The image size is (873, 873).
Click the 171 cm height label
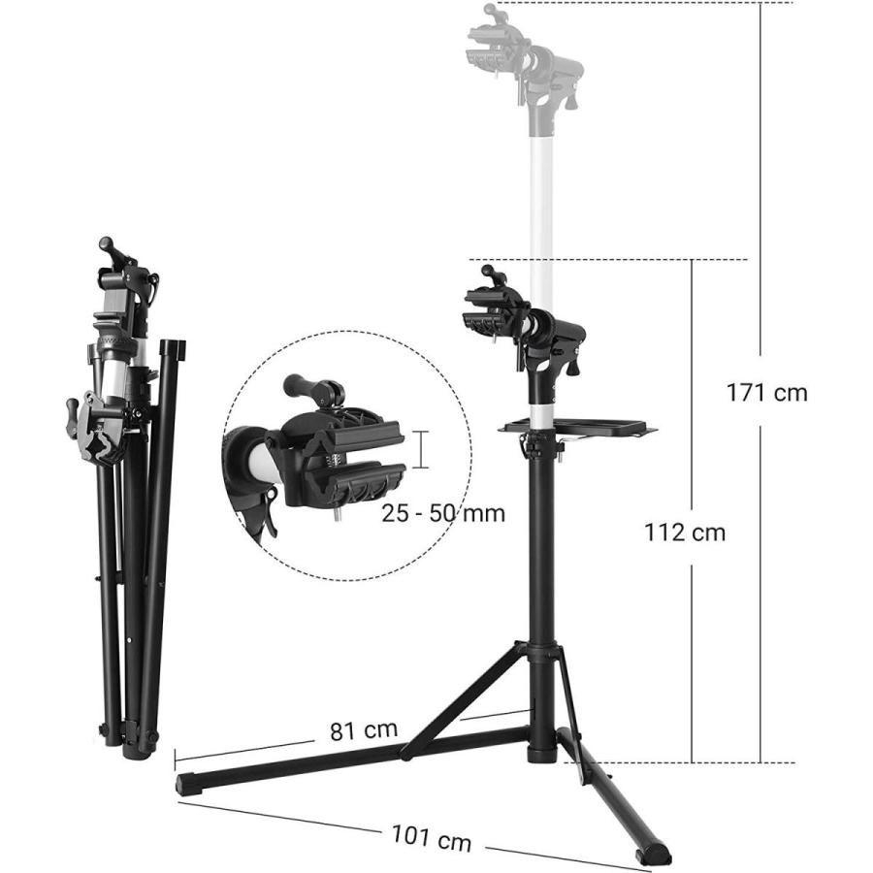tap(766, 393)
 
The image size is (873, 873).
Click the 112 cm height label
tap(685, 532)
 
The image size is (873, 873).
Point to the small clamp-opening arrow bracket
tap(422, 449)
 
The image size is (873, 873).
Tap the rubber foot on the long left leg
tap(188, 784)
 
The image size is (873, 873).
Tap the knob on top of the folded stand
tap(109, 247)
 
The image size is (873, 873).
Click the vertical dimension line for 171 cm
tap(761, 194)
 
